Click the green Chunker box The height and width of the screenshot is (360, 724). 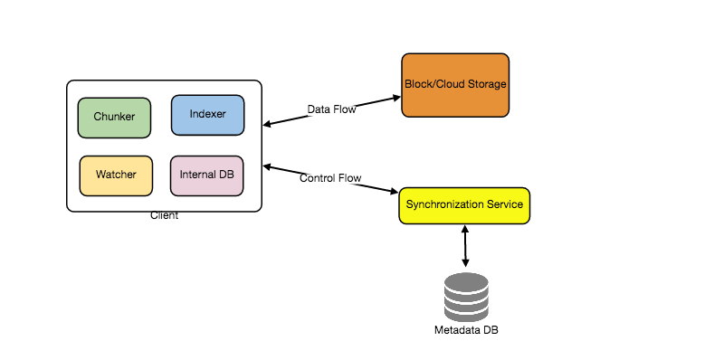point(114,118)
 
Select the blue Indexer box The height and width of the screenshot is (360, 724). point(207,115)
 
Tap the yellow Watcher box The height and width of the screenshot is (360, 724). point(115,175)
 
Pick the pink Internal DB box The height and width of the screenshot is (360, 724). point(206,175)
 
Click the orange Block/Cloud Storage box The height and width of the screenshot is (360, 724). point(455,85)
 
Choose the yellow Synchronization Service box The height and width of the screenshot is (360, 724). point(464,205)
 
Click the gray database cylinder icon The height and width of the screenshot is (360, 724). point(466,298)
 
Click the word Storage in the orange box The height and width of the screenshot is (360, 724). point(485,84)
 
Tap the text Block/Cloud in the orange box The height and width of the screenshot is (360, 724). point(433,84)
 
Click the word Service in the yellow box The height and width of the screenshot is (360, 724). point(504,204)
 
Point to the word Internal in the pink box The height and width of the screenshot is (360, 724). point(196,174)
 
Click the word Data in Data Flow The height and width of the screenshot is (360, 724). point(319,110)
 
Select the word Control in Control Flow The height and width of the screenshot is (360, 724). point(318,179)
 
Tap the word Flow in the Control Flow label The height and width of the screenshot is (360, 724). point(350,179)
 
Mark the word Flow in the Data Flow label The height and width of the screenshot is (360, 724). point(345,110)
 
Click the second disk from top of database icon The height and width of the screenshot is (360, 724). point(466,292)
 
